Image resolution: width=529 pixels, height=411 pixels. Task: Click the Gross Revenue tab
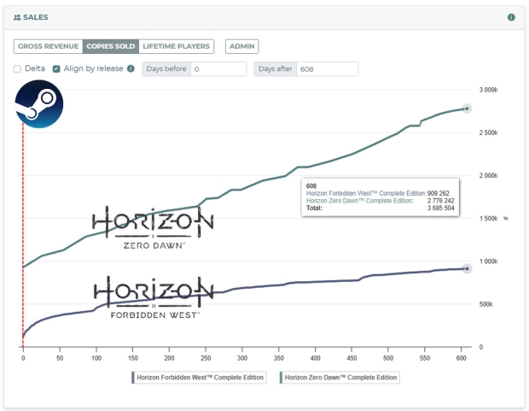click(49, 46)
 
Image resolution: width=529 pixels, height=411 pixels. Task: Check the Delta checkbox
click(18, 68)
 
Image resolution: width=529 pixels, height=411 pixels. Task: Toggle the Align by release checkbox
click(56, 68)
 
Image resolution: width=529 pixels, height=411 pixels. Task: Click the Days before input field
click(218, 69)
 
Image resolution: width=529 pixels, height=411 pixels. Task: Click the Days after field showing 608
click(327, 69)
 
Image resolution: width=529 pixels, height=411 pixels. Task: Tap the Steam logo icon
click(39, 106)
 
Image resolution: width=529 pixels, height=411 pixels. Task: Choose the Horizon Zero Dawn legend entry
click(339, 377)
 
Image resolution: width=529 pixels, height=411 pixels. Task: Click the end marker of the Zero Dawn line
click(467, 109)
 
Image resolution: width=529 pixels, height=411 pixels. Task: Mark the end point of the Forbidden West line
click(467, 268)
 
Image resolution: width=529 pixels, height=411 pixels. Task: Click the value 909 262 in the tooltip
click(440, 192)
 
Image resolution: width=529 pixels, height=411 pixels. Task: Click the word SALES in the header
click(36, 17)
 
